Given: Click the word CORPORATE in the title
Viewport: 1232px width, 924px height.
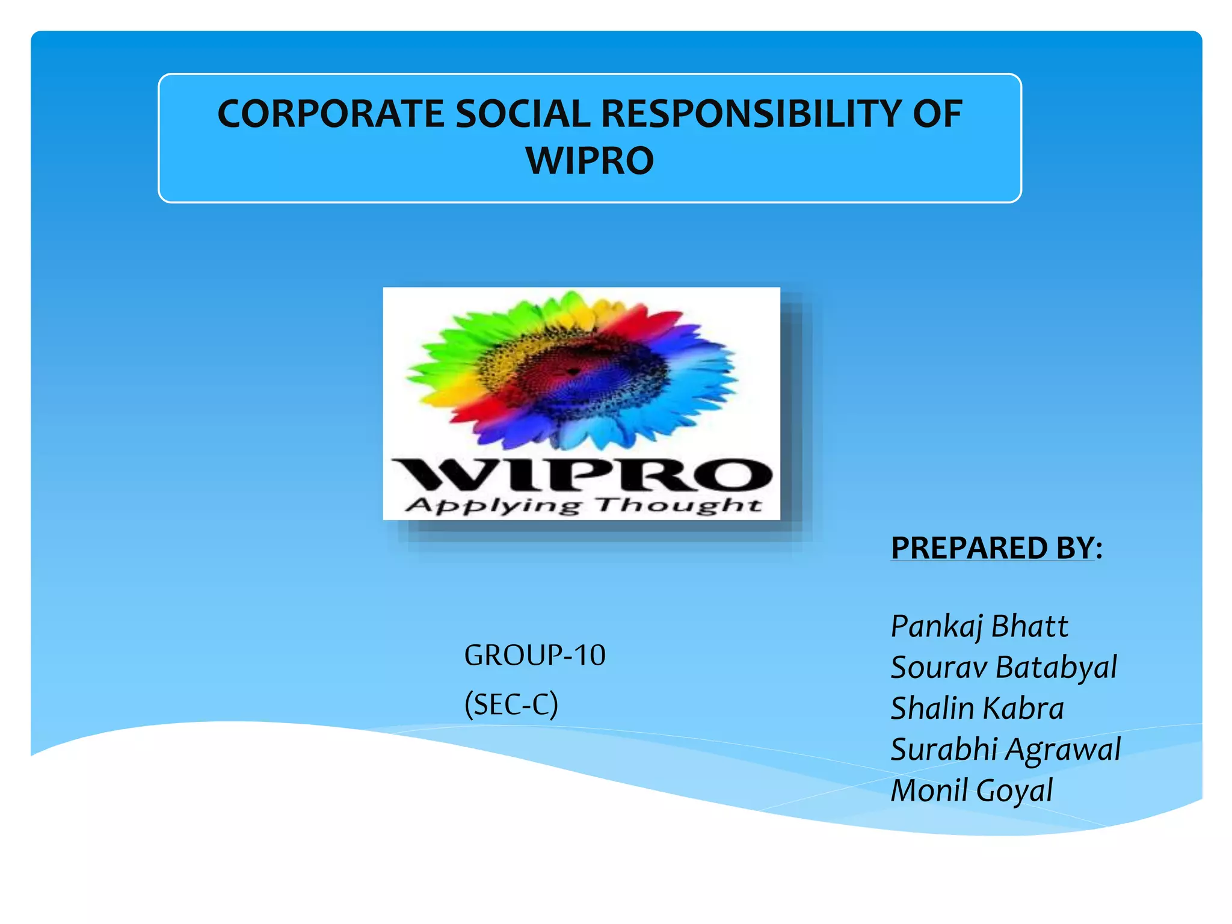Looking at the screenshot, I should click(331, 114).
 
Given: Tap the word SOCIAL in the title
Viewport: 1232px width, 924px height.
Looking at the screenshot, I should click(523, 114).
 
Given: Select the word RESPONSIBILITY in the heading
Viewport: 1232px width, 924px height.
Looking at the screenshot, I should click(749, 114).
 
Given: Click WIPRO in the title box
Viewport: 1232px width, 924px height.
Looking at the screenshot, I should click(590, 161).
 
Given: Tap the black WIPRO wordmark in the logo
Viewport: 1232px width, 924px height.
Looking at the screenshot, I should click(581, 475).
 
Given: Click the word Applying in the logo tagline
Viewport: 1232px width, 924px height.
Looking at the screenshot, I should click(493, 506).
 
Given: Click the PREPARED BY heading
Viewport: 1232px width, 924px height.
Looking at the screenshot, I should click(996, 548).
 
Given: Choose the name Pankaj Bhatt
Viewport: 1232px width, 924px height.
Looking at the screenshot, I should click(979, 626).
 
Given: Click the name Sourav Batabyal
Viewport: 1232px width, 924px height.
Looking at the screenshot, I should click(1003, 667).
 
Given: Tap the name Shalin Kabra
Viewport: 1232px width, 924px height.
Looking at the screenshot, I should click(976, 708).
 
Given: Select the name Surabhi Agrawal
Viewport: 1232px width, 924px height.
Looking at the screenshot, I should click(1005, 750).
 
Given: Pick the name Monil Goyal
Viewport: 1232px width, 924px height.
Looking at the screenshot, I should click(971, 790).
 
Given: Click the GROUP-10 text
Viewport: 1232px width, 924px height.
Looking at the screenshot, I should click(534, 655).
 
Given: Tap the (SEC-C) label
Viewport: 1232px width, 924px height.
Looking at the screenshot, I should click(511, 704).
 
